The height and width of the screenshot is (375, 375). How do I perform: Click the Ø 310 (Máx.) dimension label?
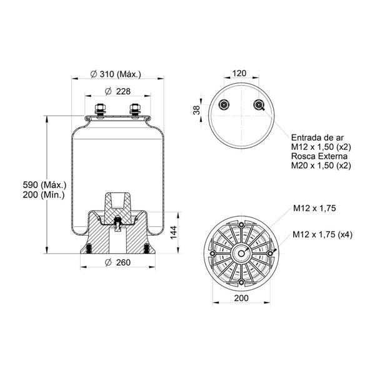coord(116,74)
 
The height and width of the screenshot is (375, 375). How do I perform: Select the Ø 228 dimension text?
coord(118,91)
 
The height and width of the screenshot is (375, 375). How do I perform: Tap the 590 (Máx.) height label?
coord(44,185)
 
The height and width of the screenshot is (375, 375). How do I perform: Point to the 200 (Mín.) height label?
coord(44,194)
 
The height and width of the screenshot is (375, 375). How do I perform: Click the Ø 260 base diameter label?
coord(118,262)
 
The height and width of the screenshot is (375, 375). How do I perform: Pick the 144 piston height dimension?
coord(173,232)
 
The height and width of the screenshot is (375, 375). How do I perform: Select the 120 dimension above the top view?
coord(239,73)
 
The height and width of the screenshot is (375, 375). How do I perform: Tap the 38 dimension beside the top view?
coord(197,110)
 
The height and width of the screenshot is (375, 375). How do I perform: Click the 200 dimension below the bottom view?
coord(241,298)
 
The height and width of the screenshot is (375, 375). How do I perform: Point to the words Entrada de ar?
coord(317,137)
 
